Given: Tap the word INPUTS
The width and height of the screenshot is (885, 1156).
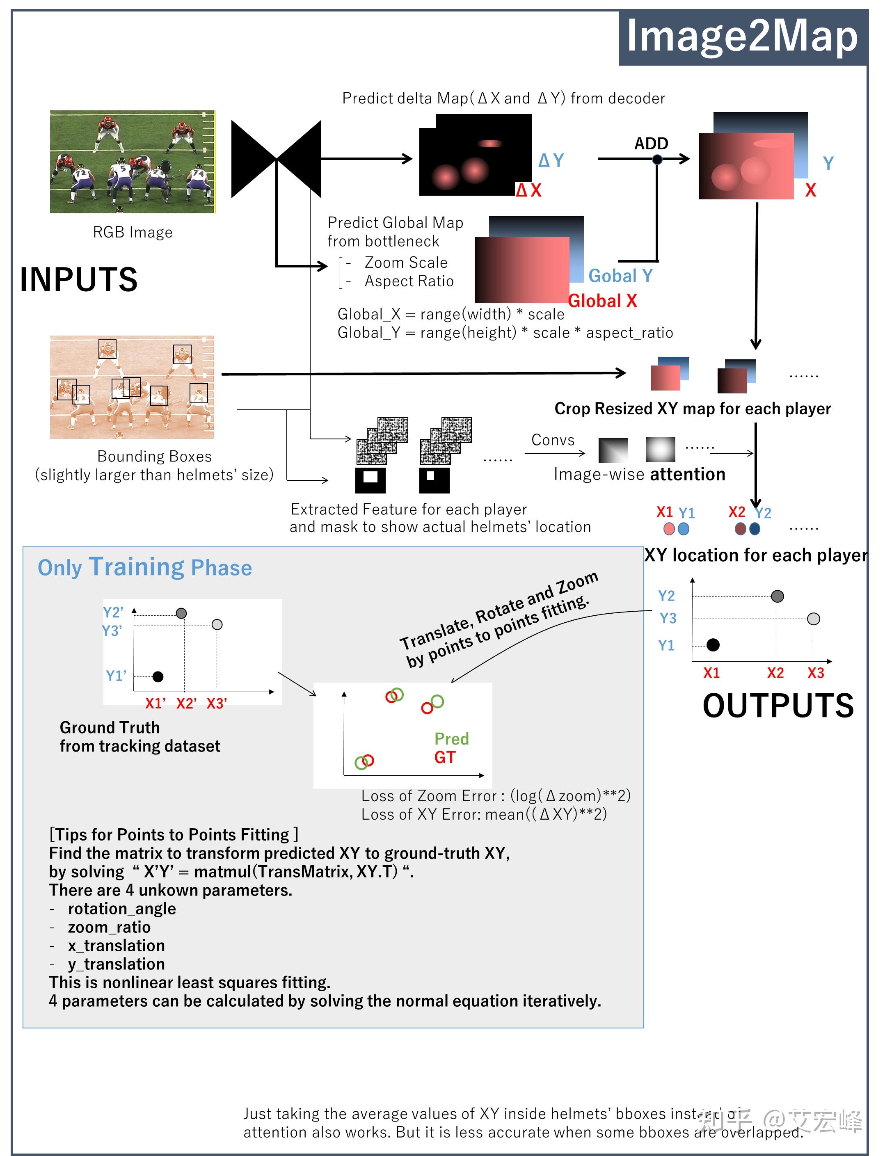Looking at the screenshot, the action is pos(79,279).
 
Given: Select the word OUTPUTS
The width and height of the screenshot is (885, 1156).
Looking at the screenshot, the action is pos(778,705).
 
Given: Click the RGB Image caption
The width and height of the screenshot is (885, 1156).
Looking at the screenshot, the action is pos(133,232).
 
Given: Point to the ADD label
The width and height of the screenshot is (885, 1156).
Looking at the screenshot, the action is pos(651,143).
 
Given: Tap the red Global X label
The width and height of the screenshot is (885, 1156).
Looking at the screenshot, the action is pos(603,301).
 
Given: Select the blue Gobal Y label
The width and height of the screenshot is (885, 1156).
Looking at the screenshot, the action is pos(620,275).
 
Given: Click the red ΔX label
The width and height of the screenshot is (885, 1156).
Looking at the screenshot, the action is pos(529,190).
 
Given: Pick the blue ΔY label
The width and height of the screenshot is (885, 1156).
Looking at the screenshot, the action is pos(551,160).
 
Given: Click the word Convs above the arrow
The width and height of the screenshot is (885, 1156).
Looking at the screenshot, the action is pos(553,440).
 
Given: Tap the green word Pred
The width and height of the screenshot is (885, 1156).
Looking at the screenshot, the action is pos(451,739).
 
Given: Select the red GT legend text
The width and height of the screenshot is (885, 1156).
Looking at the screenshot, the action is pos(445,757).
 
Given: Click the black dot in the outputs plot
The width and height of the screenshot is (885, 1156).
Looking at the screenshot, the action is pos(713,644).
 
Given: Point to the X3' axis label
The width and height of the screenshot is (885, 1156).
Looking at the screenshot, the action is pos(217,704).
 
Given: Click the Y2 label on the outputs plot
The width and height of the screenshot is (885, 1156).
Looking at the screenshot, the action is pos(666,596).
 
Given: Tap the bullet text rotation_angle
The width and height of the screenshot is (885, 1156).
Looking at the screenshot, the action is pos(122,909).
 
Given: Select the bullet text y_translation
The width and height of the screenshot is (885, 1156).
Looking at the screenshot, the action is pos(117,964).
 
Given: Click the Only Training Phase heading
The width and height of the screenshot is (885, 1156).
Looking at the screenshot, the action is pos(145,567).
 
